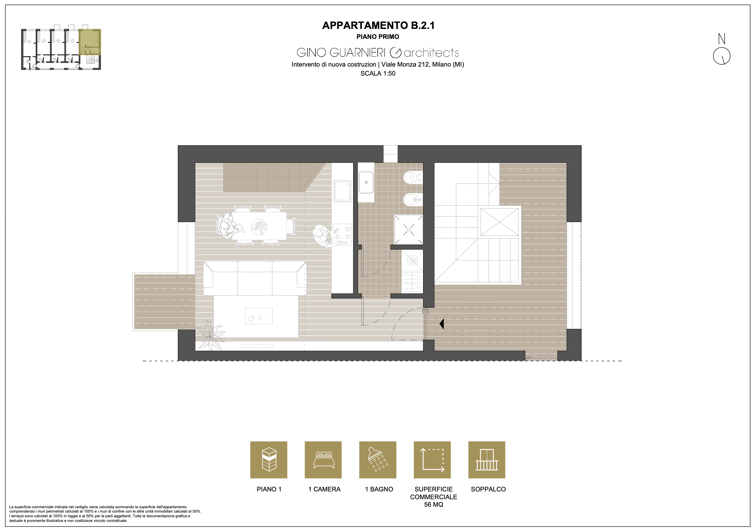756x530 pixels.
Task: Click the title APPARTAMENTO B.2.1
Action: (x=378, y=26)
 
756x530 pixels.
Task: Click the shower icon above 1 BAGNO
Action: (x=378, y=459)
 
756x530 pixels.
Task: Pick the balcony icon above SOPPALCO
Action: (x=487, y=459)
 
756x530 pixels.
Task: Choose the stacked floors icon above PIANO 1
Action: (x=269, y=459)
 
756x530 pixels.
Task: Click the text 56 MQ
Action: (x=433, y=504)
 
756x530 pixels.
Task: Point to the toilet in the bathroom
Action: (x=412, y=178)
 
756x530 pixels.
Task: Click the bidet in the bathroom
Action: (x=413, y=199)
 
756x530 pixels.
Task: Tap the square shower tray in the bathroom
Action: (x=409, y=229)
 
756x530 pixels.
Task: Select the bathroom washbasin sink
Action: (x=366, y=182)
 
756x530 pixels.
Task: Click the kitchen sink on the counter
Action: (x=343, y=191)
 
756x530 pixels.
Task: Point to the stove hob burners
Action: (x=343, y=234)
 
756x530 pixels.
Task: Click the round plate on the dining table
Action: (x=259, y=227)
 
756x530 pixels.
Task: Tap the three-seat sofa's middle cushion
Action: (x=255, y=278)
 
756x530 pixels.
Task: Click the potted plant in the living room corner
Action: (x=210, y=335)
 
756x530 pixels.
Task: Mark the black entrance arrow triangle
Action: (x=441, y=324)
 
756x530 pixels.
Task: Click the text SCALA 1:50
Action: (x=378, y=73)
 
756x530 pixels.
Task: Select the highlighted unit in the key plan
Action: (x=90, y=42)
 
